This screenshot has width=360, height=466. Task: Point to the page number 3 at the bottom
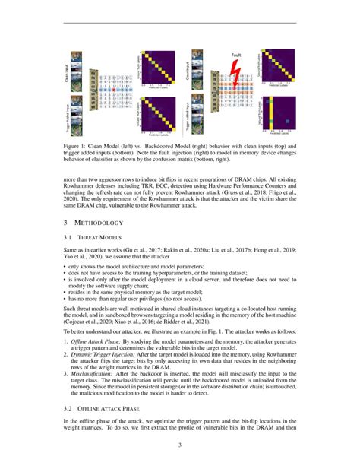click(180, 445)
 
